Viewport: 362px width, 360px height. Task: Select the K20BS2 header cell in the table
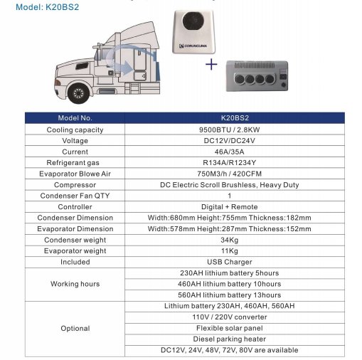click(x=229, y=119)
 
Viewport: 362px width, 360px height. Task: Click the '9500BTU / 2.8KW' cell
click(x=229, y=129)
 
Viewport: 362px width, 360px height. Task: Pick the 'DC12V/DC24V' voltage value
click(x=229, y=141)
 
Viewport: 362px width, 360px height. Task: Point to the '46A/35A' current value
click(x=229, y=152)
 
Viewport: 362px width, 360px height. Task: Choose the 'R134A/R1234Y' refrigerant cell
click(x=229, y=163)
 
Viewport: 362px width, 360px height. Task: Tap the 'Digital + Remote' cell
click(x=229, y=207)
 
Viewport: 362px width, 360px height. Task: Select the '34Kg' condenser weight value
click(x=229, y=240)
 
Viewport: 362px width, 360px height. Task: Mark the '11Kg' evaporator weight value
click(x=229, y=251)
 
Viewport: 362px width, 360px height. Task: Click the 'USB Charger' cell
click(x=229, y=262)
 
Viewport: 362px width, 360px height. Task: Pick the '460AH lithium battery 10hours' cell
click(x=229, y=284)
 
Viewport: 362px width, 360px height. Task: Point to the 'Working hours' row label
click(x=75, y=284)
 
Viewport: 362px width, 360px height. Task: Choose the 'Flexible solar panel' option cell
click(x=229, y=328)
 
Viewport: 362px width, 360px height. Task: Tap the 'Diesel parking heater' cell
click(x=229, y=339)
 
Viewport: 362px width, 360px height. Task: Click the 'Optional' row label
click(x=75, y=328)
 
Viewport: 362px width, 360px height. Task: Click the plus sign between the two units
click(x=211, y=64)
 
